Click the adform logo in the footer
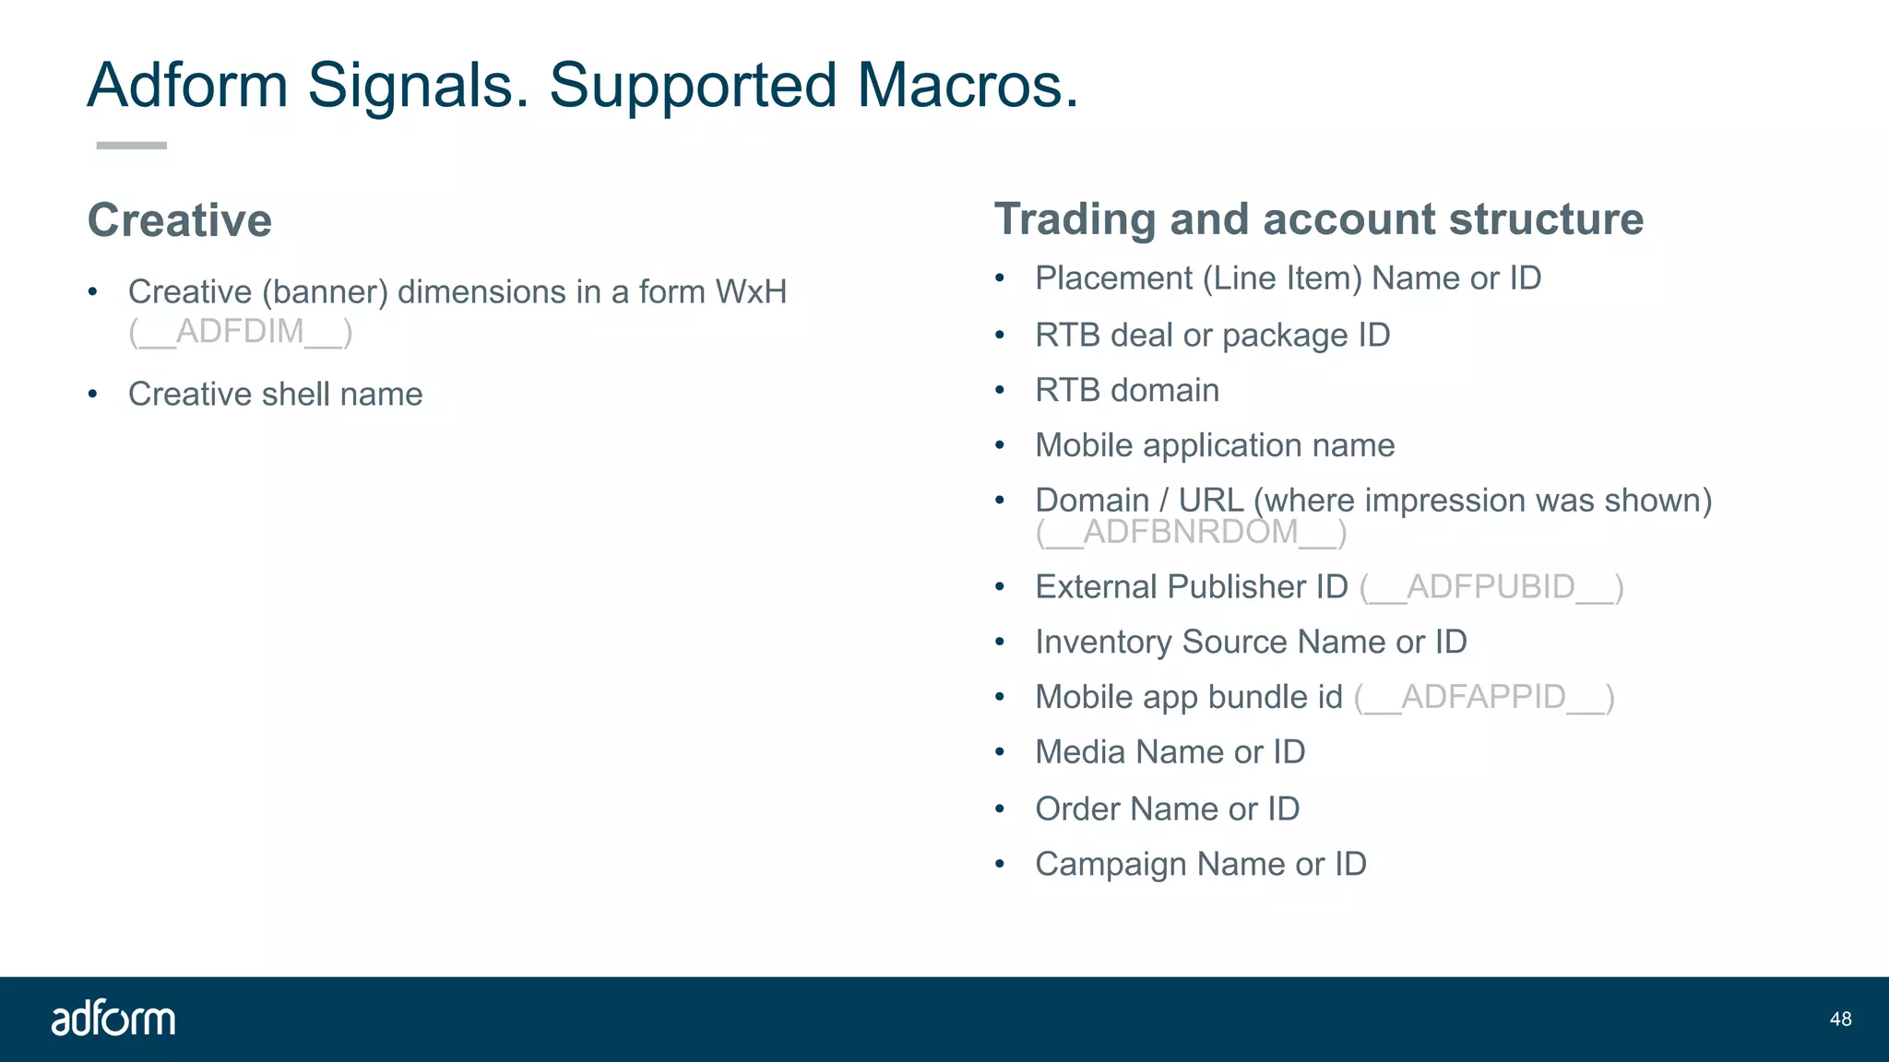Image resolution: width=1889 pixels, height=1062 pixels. coord(113,1018)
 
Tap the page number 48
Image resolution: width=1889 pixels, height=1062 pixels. coord(1840,1019)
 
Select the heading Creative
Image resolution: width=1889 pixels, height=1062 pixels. coord(180,220)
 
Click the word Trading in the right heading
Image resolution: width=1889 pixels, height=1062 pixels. coord(1075,219)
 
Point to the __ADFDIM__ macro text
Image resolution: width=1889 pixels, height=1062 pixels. coord(241,331)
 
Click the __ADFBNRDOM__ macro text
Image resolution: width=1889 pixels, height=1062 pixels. coord(1191,532)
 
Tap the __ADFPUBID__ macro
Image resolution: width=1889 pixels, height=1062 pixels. coord(1491,586)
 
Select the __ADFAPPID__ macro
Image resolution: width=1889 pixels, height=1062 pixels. coord(1484,697)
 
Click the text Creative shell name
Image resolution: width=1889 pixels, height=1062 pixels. coord(275,394)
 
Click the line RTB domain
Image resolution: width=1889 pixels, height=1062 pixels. coord(1126,390)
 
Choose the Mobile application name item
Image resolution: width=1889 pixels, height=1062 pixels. coord(1214,445)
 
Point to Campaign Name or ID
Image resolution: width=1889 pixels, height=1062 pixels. coord(1200,864)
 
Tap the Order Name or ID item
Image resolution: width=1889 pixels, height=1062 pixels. coord(1167,808)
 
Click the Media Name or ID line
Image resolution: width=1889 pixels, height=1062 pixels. coord(1170,752)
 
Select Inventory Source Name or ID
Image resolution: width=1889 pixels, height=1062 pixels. coord(1250,642)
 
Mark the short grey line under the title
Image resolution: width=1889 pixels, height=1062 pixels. coord(132,146)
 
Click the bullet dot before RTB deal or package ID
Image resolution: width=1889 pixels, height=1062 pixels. coord(1000,336)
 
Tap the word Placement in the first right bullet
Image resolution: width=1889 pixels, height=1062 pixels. coord(1113,278)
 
